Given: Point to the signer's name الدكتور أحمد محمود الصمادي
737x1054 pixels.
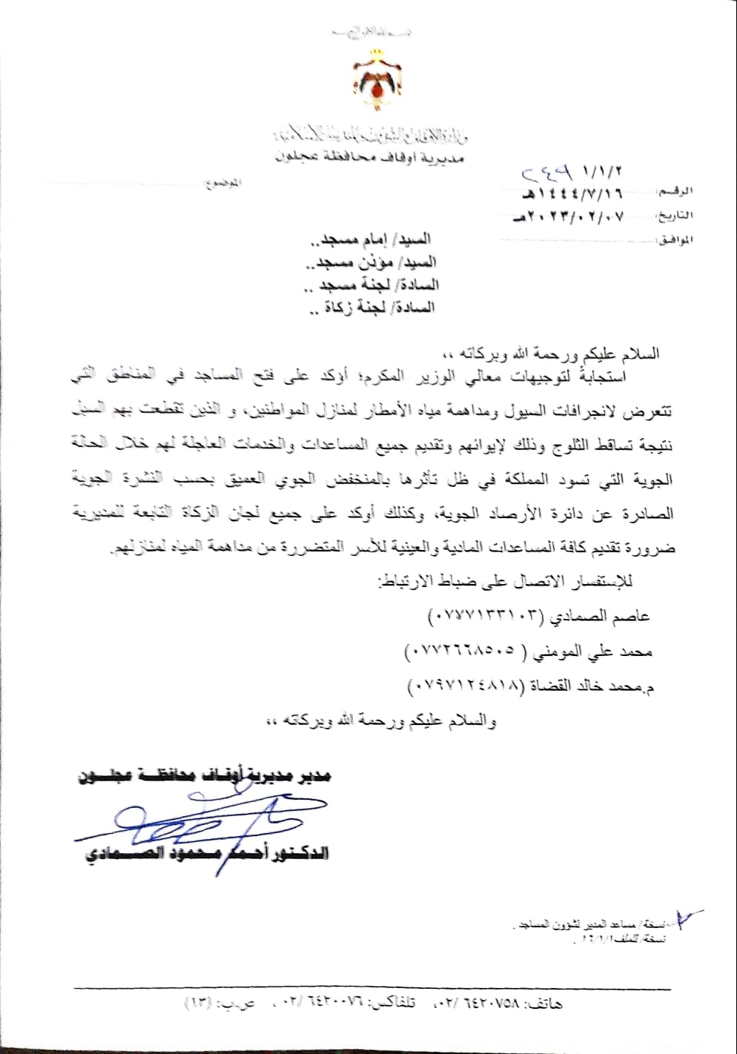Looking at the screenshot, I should click(204, 855).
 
